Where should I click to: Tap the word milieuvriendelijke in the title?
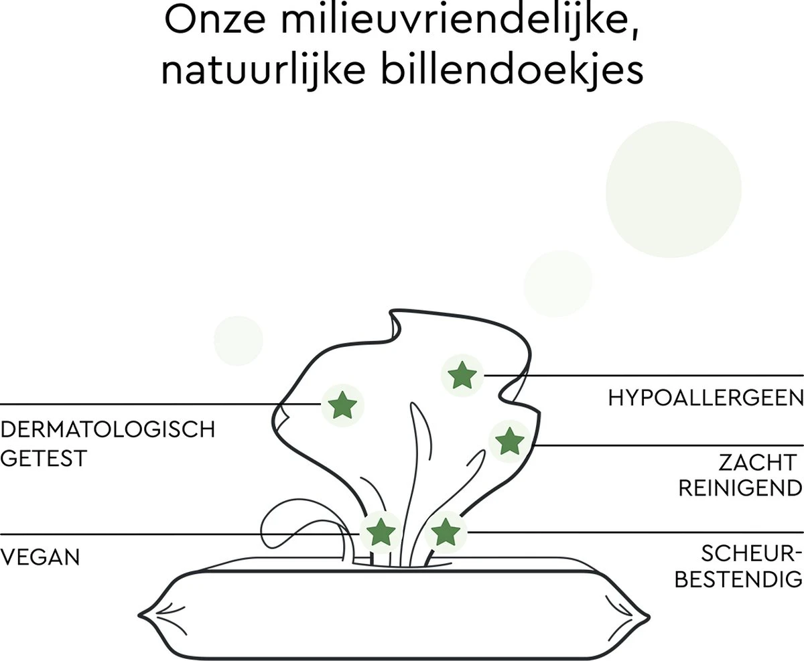[x=459, y=22]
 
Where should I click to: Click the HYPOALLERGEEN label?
[x=706, y=398]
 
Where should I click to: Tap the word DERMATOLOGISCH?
[x=108, y=429]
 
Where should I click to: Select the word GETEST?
[x=44, y=459]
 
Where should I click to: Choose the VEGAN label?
[x=40, y=557]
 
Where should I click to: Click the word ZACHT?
[x=757, y=462]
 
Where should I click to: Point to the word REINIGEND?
[x=740, y=488]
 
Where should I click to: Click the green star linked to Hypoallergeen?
[x=461, y=375]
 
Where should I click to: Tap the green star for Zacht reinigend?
[x=509, y=441]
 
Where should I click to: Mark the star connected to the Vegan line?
[x=381, y=531]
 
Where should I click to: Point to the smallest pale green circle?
[x=238, y=341]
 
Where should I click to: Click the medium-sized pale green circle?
[x=558, y=283]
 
